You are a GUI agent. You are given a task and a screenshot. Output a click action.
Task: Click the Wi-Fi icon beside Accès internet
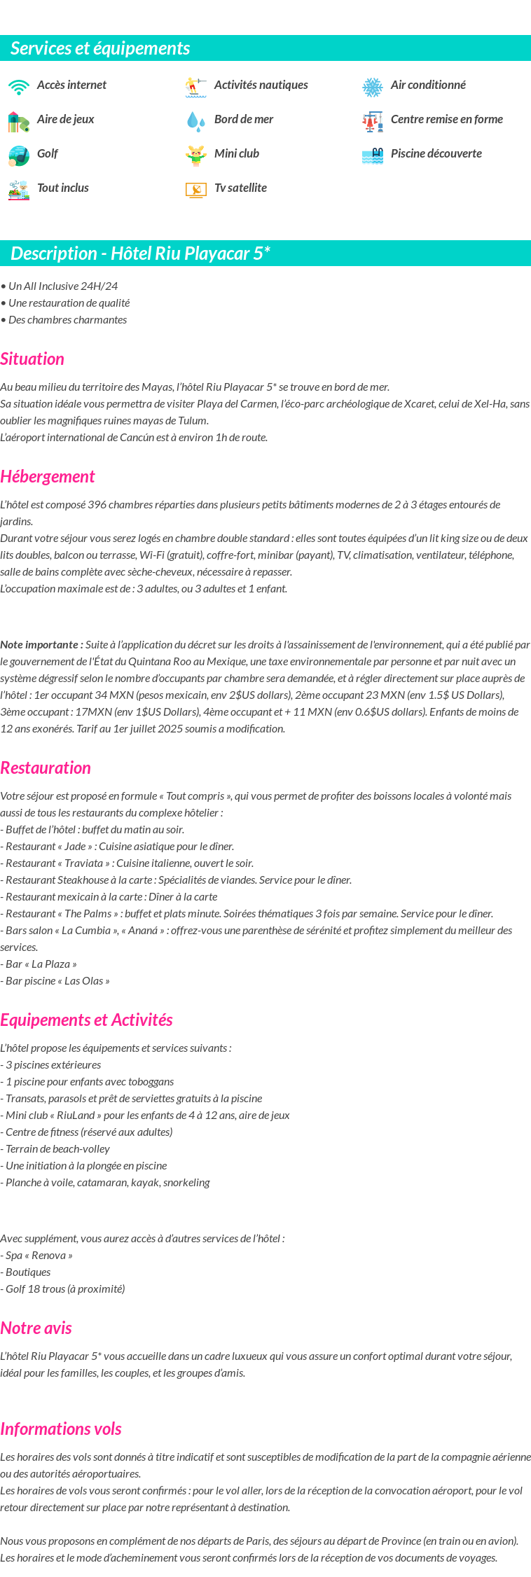[x=19, y=86]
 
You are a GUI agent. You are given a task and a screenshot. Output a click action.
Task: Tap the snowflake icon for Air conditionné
[x=372, y=87]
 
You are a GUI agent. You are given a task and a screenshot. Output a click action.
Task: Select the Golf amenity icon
[x=19, y=155]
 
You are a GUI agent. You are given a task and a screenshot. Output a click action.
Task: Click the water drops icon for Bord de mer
[x=195, y=121]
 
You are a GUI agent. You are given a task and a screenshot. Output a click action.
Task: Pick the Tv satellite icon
[x=195, y=189]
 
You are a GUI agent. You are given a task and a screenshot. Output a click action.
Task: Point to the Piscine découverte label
[x=436, y=153]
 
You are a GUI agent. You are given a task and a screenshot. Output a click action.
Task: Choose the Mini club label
[x=236, y=153]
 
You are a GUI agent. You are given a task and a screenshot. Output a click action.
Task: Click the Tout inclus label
[x=62, y=188]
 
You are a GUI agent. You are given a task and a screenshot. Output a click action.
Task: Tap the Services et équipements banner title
[x=100, y=48]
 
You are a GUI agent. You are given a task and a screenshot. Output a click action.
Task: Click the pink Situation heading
[x=32, y=359]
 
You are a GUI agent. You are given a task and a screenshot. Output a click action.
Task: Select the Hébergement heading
[x=48, y=477]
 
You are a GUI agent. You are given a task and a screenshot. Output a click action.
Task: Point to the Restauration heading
[x=46, y=768]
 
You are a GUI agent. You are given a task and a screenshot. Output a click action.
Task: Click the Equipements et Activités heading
[x=86, y=1020]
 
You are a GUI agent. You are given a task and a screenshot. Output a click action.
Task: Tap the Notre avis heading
[x=36, y=1328]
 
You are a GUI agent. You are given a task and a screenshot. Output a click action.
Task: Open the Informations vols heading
[x=61, y=1429]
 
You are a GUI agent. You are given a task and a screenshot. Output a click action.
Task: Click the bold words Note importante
[x=41, y=645]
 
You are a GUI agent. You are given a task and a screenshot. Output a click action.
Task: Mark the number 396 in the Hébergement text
[x=97, y=505]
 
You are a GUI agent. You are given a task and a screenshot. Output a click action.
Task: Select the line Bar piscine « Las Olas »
[x=55, y=981]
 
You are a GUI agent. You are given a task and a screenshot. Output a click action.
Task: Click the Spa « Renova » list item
[x=36, y=1256]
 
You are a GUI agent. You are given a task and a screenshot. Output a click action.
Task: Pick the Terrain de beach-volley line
[x=55, y=1149]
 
